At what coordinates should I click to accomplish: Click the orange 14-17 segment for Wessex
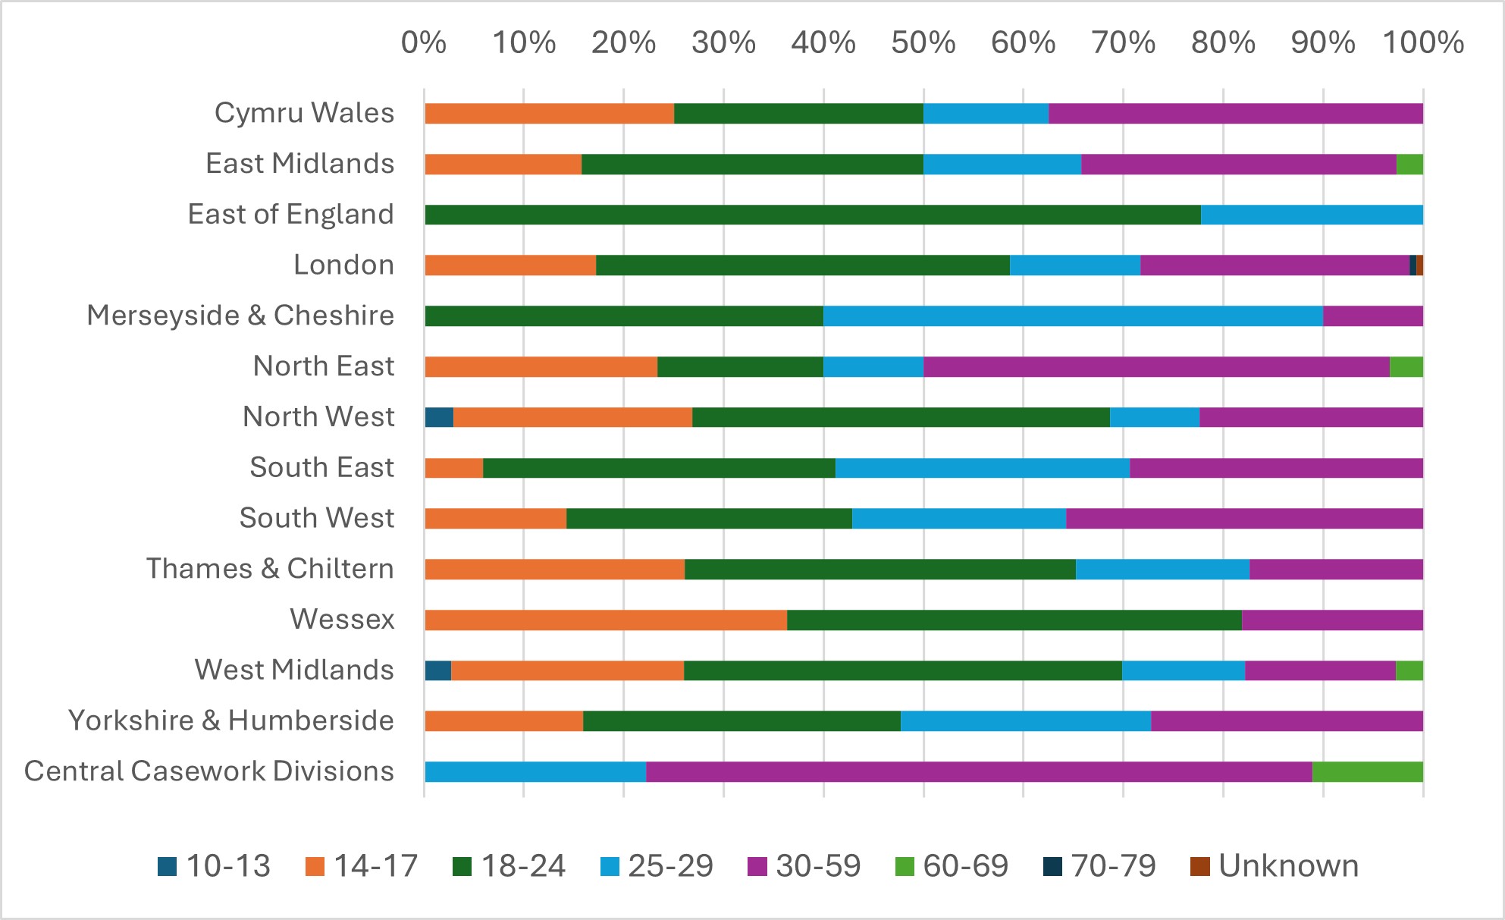tap(605, 620)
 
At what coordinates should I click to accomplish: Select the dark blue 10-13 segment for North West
tap(439, 417)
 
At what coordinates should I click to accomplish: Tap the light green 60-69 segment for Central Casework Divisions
tap(1367, 772)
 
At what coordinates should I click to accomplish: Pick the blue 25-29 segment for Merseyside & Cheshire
tap(1073, 316)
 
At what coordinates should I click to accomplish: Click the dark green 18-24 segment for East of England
tap(812, 215)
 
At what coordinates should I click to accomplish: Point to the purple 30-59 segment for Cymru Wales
tap(1236, 114)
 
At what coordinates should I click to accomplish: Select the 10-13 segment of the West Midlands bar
tap(437, 670)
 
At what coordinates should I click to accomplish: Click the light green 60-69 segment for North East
tap(1406, 366)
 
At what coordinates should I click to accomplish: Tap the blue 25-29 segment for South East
tap(982, 468)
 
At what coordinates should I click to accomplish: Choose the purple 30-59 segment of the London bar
tap(1275, 265)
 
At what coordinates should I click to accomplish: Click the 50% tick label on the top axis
tap(923, 43)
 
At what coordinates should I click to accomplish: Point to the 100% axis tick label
tap(1422, 43)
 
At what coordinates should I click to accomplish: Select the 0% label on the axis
tap(423, 43)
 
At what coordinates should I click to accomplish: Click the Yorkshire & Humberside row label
tap(231, 721)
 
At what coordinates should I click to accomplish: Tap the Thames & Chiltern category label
tap(270, 569)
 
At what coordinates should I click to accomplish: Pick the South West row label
tap(317, 518)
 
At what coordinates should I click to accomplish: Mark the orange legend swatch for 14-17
tap(315, 866)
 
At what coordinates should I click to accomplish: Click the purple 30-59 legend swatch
tap(757, 866)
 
